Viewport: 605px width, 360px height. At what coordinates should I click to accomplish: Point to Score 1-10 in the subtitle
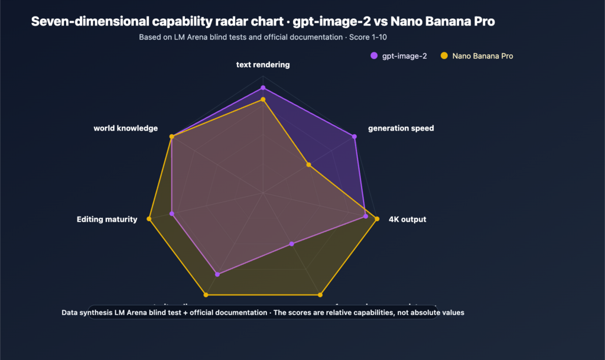pyautogui.click(x=372, y=37)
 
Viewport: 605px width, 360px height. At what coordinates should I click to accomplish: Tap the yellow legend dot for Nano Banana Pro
pyautogui.click(x=444, y=56)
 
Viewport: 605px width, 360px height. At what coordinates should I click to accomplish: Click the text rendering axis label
pyautogui.click(x=263, y=64)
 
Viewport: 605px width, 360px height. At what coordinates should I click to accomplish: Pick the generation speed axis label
pyautogui.click(x=401, y=128)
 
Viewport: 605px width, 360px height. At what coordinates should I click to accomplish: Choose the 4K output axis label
pyautogui.click(x=407, y=219)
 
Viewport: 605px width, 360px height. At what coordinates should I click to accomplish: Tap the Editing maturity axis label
pyautogui.click(x=107, y=219)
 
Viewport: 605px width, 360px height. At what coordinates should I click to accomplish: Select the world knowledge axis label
pyautogui.click(x=126, y=128)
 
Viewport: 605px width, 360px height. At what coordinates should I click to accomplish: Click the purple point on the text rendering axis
pyautogui.click(x=263, y=88)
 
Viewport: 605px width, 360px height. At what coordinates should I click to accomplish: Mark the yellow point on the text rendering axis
pyautogui.click(x=263, y=100)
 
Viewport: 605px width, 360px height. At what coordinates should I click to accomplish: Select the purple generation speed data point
pyautogui.click(x=354, y=137)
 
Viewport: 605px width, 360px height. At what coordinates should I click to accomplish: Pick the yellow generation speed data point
pyautogui.click(x=308, y=165)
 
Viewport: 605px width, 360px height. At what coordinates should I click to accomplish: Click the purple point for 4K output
pyautogui.click(x=366, y=216)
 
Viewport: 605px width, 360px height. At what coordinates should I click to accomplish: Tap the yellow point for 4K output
pyautogui.click(x=377, y=219)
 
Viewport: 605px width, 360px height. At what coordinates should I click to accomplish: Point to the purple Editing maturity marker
pyautogui.click(x=172, y=213)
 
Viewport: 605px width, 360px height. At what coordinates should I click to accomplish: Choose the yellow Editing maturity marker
pyautogui.click(x=149, y=219)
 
